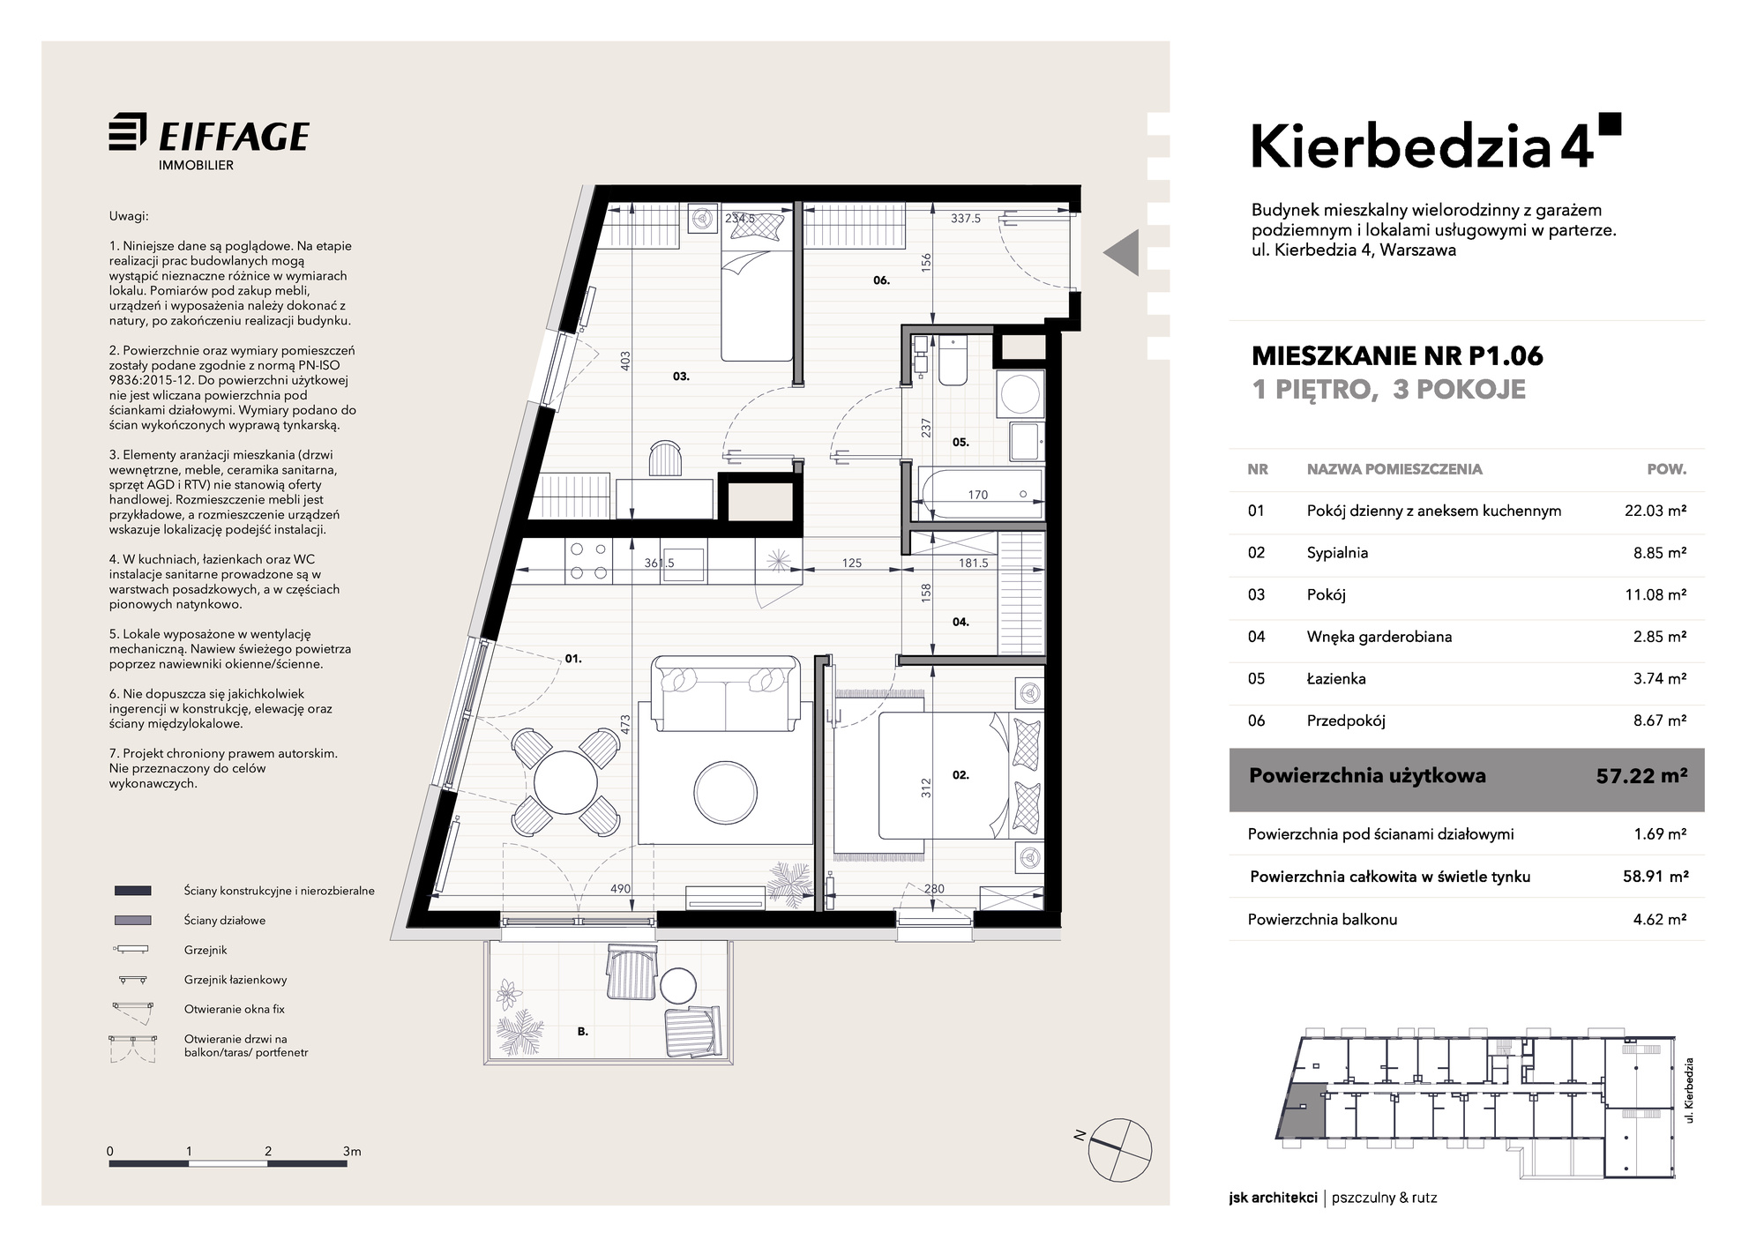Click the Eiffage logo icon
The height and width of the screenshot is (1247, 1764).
point(128,133)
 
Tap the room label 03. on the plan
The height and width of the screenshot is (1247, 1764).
point(681,377)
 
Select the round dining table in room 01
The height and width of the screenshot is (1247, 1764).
point(565,782)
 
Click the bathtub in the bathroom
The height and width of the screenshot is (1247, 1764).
point(979,494)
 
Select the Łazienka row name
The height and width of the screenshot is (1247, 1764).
point(1336,678)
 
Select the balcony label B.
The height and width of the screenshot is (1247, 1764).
point(583,1031)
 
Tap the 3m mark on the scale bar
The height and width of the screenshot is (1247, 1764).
point(351,1151)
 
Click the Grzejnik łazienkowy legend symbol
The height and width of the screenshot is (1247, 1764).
point(133,979)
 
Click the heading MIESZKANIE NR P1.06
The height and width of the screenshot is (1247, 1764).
point(1398,355)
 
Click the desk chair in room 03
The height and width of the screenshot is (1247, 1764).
point(665,459)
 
